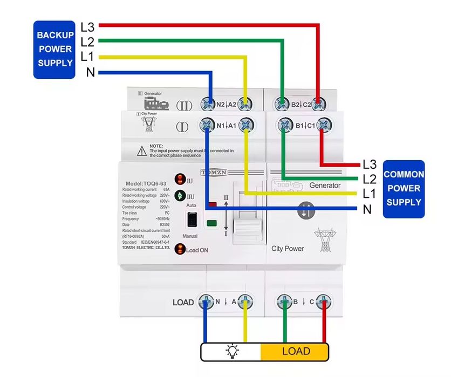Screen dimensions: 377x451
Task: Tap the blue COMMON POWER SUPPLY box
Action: pyautogui.click(x=403, y=189)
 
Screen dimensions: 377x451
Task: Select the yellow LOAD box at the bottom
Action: pyautogui.click(x=296, y=352)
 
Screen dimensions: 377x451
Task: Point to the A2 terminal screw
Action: pyautogui.click(x=246, y=103)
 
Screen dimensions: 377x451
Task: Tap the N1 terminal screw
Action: pyautogui.click(x=207, y=125)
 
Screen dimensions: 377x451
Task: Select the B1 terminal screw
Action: pyautogui.click(x=284, y=125)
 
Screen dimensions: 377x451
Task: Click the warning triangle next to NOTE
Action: pyautogui.click(x=141, y=150)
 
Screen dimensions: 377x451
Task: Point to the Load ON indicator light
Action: pyautogui.click(x=181, y=250)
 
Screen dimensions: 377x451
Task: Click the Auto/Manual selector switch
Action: pyautogui.click(x=192, y=220)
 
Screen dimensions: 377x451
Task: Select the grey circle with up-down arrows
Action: pyautogui.click(x=305, y=211)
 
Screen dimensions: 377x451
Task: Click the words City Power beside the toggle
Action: pyautogui.click(x=288, y=249)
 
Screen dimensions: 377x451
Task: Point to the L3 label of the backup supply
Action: pyautogui.click(x=87, y=26)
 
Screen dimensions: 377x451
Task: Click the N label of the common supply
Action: pyautogui.click(x=367, y=209)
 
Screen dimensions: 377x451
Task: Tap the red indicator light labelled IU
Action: pyautogui.click(x=179, y=180)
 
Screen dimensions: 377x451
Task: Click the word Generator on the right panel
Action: pyautogui.click(x=325, y=186)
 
